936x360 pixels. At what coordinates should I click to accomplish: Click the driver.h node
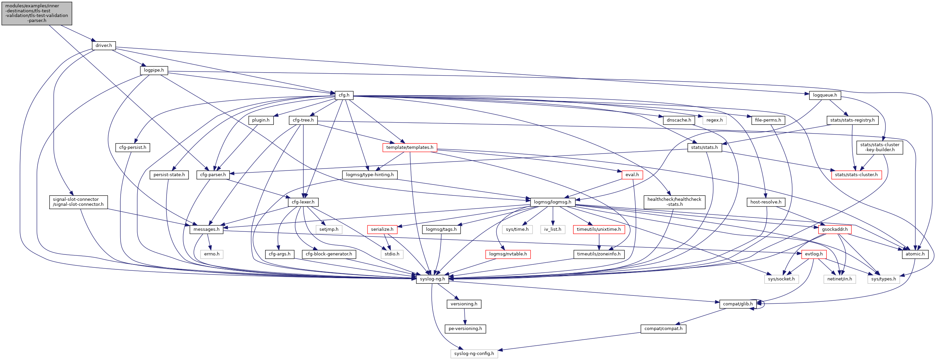click(x=104, y=45)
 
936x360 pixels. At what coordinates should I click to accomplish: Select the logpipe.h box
click(x=154, y=70)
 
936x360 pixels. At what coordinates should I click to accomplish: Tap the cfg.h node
click(x=344, y=95)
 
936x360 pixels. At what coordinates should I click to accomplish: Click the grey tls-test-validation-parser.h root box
click(x=37, y=13)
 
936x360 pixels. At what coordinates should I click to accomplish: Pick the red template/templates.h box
click(x=409, y=148)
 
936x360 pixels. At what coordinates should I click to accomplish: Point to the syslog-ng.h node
click(x=432, y=279)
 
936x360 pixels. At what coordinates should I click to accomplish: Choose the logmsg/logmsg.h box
click(x=552, y=202)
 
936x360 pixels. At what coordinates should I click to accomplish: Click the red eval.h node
click(x=632, y=175)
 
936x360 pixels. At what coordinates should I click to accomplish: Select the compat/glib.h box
click(x=737, y=304)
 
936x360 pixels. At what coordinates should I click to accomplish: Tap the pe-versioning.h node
click(x=465, y=329)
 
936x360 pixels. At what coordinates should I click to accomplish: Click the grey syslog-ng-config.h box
click(x=474, y=353)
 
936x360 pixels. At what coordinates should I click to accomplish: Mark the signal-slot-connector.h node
click(x=78, y=202)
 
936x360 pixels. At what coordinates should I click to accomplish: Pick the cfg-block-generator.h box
click(x=329, y=254)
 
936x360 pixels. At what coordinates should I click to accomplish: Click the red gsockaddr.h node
click(x=835, y=229)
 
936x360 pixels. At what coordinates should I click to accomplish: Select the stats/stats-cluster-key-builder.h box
click(x=880, y=147)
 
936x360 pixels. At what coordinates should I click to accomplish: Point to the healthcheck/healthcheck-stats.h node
click(x=674, y=202)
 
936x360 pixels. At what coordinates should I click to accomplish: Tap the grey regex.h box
click(x=714, y=120)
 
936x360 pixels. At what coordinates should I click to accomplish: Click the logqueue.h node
click(x=825, y=95)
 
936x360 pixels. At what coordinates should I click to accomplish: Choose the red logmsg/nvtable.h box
click(x=508, y=254)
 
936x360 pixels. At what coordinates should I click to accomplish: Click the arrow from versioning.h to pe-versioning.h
click(x=464, y=316)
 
